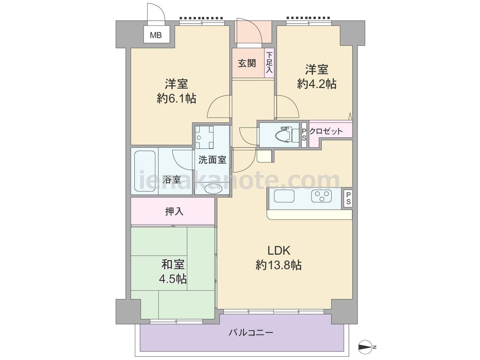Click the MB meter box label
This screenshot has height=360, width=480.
click(x=156, y=35)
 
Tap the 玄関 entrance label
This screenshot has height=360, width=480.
click(x=247, y=63)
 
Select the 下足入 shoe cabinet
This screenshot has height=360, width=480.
click(x=269, y=63)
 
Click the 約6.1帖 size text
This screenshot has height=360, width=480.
click(x=176, y=99)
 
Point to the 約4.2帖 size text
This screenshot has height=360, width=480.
click(x=316, y=84)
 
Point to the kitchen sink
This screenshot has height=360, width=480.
click(x=284, y=196)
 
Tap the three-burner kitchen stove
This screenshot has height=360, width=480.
click(x=321, y=196)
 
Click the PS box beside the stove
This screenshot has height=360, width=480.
click(x=348, y=198)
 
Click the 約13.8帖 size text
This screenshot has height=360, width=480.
click(x=278, y=264)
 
